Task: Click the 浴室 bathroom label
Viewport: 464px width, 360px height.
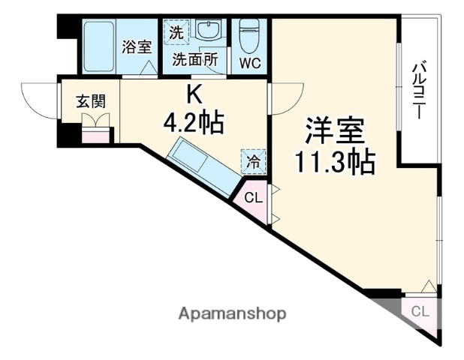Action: (137, 46)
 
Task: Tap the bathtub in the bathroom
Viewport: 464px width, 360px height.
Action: (95, 45)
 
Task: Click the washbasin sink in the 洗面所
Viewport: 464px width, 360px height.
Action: (205, 31)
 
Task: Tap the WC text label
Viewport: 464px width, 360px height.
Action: (249, 63)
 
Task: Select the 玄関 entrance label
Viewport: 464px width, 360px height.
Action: (89, 101)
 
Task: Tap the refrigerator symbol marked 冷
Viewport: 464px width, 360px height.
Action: (253, 160)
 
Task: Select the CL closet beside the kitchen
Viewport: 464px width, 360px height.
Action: (255, 198)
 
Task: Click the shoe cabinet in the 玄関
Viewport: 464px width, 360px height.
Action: (95, 136)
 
